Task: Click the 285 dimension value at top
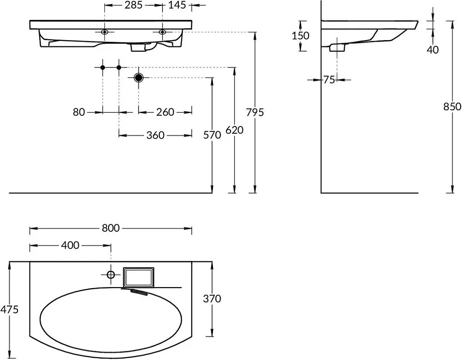133,5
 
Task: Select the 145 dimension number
177,5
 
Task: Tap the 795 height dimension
255,112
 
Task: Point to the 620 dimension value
235,130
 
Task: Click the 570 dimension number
212,135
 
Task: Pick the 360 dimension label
155,135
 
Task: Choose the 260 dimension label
165,112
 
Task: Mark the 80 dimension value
79,112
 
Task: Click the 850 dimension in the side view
452,106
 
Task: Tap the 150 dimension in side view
301,36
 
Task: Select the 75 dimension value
329,80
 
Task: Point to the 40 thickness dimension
432,50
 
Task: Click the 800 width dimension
111,228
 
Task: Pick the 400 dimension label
70,245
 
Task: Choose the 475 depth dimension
9,309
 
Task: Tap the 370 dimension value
212,299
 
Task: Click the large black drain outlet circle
139,78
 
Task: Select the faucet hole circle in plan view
111,275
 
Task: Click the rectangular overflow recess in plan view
139,277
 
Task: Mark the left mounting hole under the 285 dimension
104,32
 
